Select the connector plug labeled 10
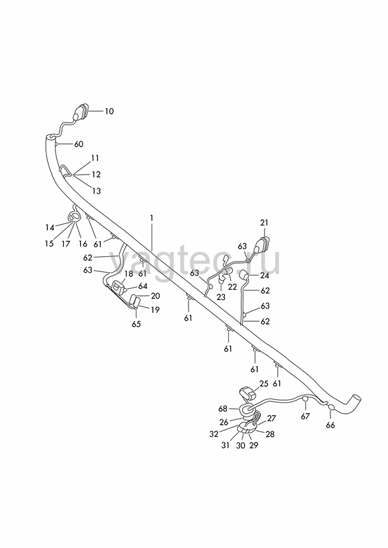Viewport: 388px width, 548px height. [81, 112]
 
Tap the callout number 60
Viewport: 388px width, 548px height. [79, 144]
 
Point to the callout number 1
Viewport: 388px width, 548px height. [151, 218]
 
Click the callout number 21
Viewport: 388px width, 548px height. [264, 223]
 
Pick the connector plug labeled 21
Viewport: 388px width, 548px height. [262, 244]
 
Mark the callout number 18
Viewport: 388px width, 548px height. [129, 273]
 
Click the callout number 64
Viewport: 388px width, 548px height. [143, 286]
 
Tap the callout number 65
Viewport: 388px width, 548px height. [136, 324]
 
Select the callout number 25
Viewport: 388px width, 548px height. [264, 384]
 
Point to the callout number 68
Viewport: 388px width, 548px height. [223, 408]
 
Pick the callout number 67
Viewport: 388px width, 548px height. [306, 416]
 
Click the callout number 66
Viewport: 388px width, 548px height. [330, 425]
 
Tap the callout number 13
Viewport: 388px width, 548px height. [96, 191]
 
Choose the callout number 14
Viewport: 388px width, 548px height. [49, 227]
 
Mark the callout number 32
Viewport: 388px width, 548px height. [214, 434]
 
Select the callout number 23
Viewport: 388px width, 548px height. [221, 297]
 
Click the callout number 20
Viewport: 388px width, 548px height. [156, 296]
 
